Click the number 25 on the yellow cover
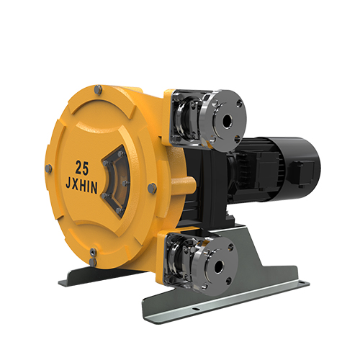click(x=82, y=168)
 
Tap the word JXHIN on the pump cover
click(x=81, y=186)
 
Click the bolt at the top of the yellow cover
click(x=98, y=89)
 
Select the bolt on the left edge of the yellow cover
click(x=48, y=168)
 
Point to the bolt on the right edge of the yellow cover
click(x=152, y=188)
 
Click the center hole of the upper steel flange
click(x=227, y=121)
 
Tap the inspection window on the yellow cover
click(x=116, y=181)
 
